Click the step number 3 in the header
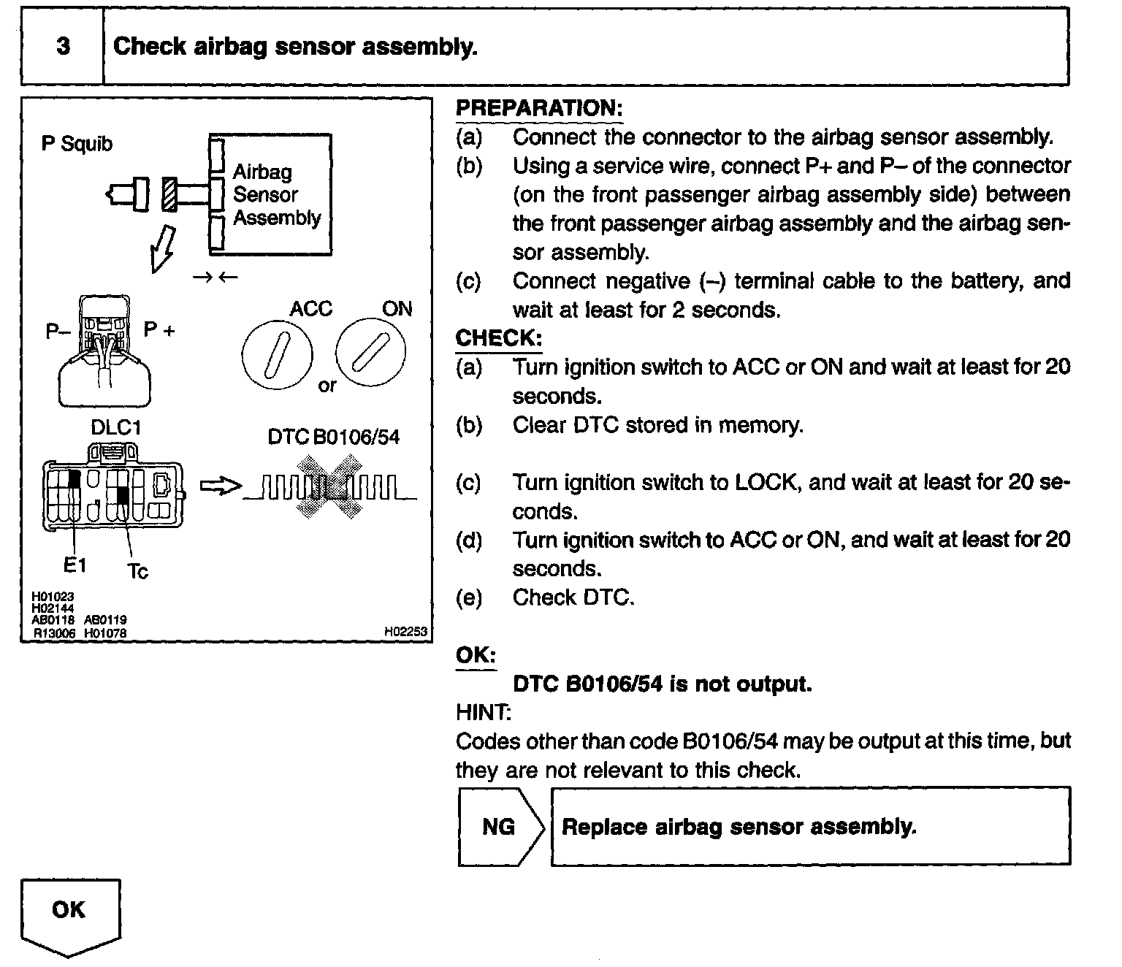point(64,47)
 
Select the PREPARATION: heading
point(539,108)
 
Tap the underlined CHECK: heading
point(499,338)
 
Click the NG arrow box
point(500,827)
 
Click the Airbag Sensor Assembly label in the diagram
point(276,195)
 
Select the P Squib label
point(77,144)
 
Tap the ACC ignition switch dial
point(277,356)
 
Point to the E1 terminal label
point(75,565)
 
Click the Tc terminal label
point(137,571)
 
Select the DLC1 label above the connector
point(115,428)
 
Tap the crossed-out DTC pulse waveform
point(329,487)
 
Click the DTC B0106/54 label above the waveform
point(334,437)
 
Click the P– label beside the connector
point(58,332)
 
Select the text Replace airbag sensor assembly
point(739,827)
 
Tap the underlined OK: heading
point(476,655)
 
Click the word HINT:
point(483,712)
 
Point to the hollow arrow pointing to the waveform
point(220,486)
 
